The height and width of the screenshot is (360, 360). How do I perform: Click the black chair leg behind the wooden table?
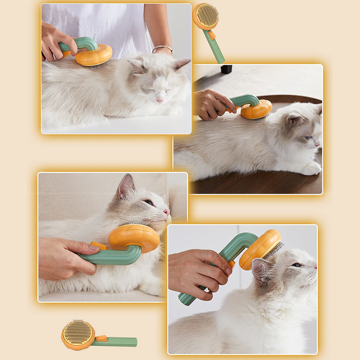point(226,69)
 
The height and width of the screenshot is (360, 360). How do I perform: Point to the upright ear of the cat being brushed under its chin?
point(125,186)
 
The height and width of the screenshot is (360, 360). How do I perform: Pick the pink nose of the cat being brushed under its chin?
point(166,211)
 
